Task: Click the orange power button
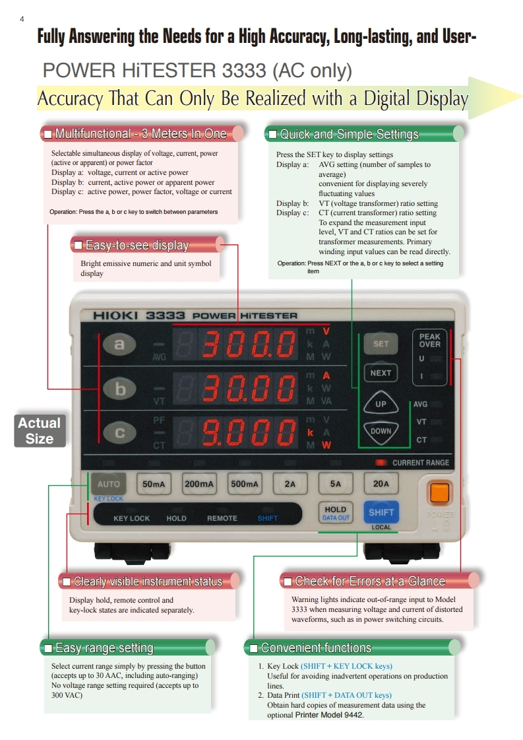click(439, 493)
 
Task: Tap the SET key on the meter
click(381, 344)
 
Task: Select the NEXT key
click(381, 373)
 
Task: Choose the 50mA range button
click(154, 484)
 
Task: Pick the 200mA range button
click(199, 484)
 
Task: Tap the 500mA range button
click(245, 484)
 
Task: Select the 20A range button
click(381, 484)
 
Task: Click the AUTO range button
click(108, 484)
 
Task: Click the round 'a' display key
click(119, 344)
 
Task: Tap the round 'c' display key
click(119, 433)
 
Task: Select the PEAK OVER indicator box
click(429, 356)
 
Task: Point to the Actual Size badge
click(40, 430)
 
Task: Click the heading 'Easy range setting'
click(104, 648)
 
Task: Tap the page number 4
click(22, 18)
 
